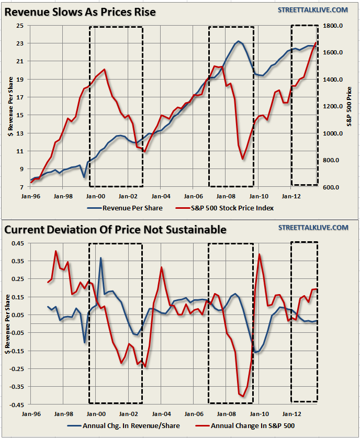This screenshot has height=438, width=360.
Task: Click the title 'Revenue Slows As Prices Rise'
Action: (x=80, y=12)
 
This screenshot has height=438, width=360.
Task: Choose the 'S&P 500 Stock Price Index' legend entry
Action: (x=220, y=208)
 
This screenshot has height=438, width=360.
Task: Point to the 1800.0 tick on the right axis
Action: (x=333, y=26)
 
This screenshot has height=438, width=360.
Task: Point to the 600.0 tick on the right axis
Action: (x=333, y=187)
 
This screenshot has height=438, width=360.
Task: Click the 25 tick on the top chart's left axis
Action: (x=20, y=26)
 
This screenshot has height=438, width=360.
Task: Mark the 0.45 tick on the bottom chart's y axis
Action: (x=18, y=243)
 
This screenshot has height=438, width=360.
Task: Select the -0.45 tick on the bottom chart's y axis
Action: (x=17, y=405)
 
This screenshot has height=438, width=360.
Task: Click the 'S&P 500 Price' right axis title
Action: (x=349, y=106)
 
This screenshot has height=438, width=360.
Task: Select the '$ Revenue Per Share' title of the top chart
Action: (x=9, y=106)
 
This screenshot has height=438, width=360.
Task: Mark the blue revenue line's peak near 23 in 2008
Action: (x=239, y=41)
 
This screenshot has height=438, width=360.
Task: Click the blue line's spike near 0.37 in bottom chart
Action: (x=100, y=257)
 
